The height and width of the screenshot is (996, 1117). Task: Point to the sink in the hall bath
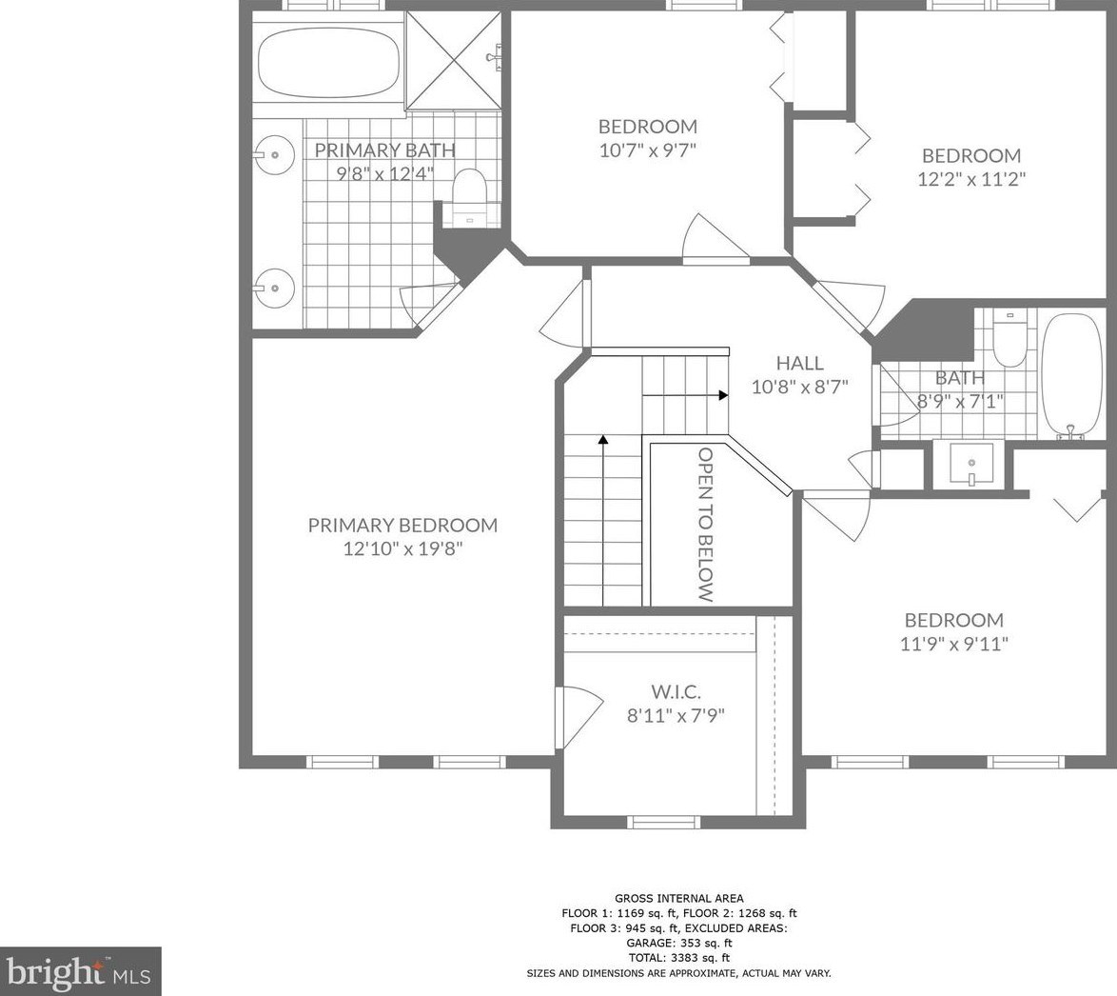click(x=971, y=465)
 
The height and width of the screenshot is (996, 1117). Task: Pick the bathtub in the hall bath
click(x=1071, y=376)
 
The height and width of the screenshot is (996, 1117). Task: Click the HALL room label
click(x=800, y=363)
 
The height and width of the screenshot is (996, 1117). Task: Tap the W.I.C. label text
click(x=676, y=691)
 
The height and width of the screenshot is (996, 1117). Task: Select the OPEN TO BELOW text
click(x=705, y=525)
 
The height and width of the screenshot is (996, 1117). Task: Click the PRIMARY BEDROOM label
click(x=402, y=526)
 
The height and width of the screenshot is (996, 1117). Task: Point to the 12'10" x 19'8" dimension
click(x=403, y=549)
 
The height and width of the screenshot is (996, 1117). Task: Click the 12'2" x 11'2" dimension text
click(x=971, y=178)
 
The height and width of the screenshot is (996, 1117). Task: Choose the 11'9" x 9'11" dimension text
click(x=954, y=644)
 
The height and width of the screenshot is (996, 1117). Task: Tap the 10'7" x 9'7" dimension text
click(x=647, y=149)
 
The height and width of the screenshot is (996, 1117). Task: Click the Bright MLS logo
click(x=81, y=971)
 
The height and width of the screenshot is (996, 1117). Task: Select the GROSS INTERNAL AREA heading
click(x=679, y=898)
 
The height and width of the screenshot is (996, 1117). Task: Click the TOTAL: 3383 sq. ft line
click(x=679, y=958)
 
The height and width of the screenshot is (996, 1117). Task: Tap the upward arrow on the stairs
click(x=603, y=521)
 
